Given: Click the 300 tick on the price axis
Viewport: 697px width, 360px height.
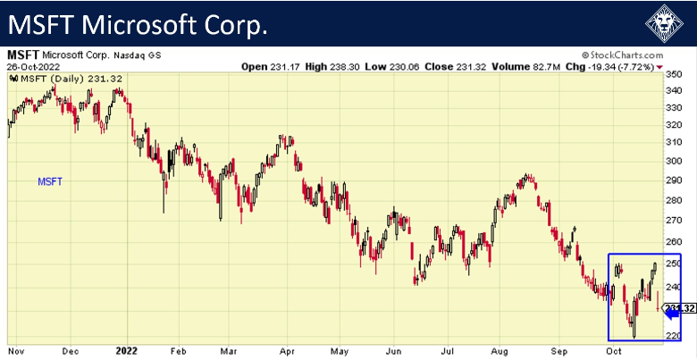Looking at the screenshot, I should click(x=677, y=161).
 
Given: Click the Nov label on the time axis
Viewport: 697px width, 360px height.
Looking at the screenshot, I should click(x=15, y=350).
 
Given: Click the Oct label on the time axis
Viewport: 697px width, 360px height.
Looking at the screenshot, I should click(x=613, y=350).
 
